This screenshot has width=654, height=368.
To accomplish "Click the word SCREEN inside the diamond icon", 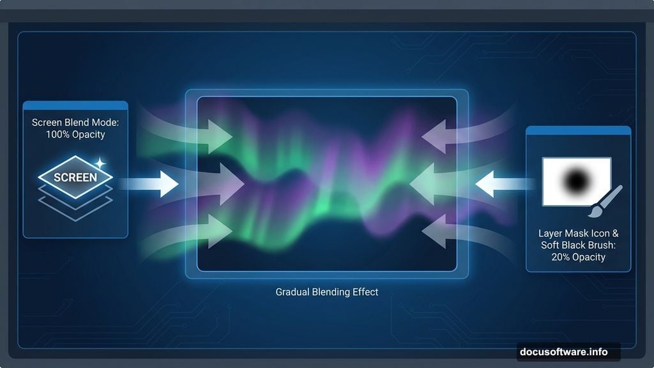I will (x=75, y=178).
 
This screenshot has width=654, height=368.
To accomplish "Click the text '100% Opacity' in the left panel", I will (x=75, y=135).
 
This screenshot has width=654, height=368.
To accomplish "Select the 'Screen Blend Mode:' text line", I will (x=75, y=122).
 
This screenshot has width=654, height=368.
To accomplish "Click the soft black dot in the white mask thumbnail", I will (x=576, y=181).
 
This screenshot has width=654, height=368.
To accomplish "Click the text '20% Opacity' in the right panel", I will (x=578, y=257).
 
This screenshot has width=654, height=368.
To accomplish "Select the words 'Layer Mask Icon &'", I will (x=578, y=234).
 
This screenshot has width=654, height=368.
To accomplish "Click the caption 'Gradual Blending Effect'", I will (x=326, y=292).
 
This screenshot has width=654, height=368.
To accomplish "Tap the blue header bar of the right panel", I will (x=578, y=130).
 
